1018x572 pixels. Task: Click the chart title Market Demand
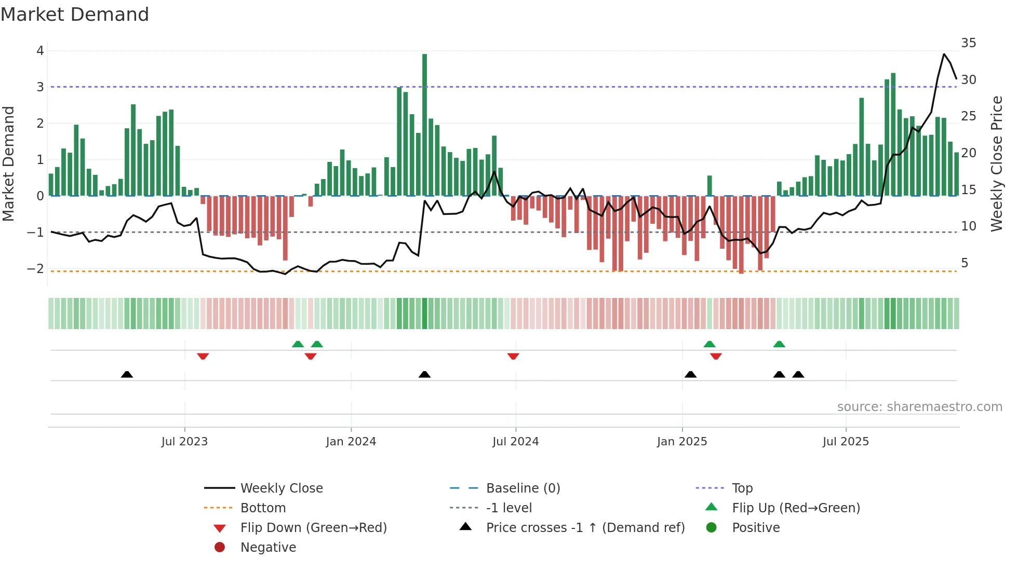(x=75, y=15)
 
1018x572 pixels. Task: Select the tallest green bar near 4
(x=424, y=125)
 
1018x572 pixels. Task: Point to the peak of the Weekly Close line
(x=944, y=54)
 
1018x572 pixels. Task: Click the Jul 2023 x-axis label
(x=184, y=442)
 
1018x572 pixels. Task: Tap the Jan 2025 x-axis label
(x=682, y=442)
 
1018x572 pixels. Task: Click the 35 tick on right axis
(x=968, y=43)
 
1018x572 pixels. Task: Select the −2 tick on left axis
(x=36, y=269)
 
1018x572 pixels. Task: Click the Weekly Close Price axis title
(x=996, y=164)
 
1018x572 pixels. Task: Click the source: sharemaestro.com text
(x=919, y=407)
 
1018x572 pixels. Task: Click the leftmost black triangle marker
(x=127, y=374)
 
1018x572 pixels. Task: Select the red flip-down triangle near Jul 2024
(x=513, y=356)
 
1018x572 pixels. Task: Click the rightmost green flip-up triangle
(x=779, y=344)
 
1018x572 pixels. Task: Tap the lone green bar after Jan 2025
(x=709, y=186)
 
